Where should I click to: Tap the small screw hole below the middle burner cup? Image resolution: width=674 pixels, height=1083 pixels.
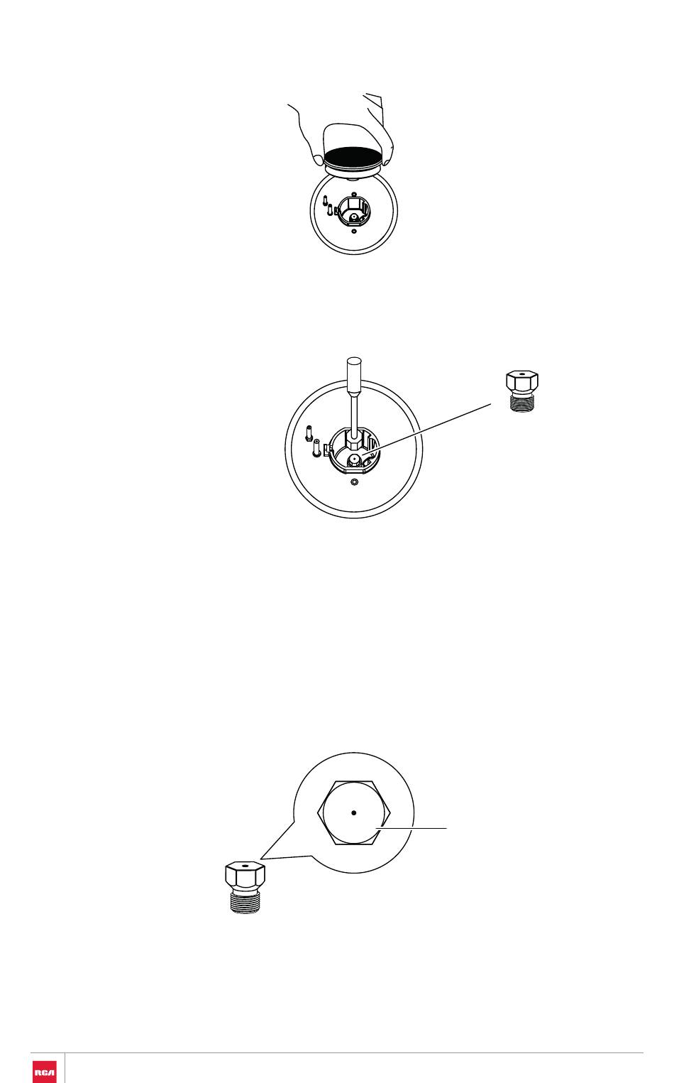354,482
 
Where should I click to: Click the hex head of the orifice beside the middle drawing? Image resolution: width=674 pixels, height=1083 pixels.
522,381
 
